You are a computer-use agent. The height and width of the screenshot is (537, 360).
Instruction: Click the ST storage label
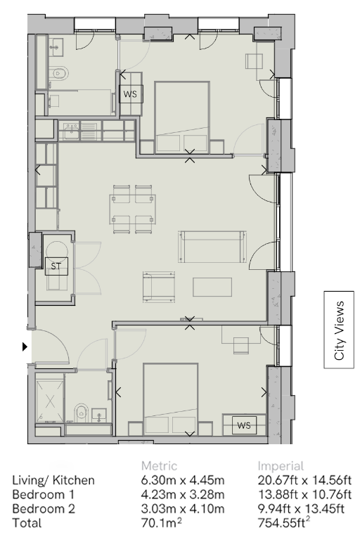[56, 266]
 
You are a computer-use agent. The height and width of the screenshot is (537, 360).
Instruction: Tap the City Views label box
[339, 330]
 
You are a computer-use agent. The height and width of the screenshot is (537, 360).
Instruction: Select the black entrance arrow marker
[25, 347]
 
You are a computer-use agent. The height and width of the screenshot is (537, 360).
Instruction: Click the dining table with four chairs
[133, 209]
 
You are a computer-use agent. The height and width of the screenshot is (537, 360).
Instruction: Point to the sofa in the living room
[212, 247]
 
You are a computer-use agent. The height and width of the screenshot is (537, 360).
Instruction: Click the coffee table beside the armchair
[212, 287]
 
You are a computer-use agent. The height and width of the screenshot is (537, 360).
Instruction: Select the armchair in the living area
[159, 287]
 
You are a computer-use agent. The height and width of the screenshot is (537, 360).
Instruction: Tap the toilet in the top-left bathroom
[60, 73]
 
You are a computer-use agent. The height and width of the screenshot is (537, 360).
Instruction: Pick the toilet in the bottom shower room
[81, 413]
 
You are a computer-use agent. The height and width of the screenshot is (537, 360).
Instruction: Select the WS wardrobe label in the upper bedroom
[130, 93]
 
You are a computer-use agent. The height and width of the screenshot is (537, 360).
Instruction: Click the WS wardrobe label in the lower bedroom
[244, 425]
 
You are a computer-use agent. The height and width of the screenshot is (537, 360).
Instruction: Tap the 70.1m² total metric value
[161, 523]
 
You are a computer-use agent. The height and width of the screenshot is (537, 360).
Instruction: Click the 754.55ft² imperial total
[284, 523]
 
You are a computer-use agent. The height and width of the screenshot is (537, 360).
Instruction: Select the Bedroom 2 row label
[44, 509]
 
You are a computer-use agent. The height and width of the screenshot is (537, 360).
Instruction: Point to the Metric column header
[160, 466]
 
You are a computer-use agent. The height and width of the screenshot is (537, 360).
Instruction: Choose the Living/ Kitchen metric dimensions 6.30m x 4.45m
[183, 480]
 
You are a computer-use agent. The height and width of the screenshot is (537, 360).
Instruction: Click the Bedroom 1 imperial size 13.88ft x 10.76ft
[304, 494]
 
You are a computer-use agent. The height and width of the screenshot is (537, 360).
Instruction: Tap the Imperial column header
[281, 466]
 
